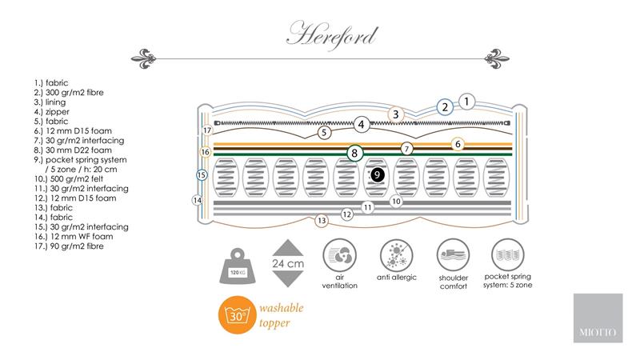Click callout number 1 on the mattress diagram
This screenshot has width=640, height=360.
[x=466, y=101]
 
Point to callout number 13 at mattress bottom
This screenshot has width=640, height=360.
[x=322, y=220]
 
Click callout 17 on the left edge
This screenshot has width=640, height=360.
[x=206, y=130]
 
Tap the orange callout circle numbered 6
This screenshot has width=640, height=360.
[x=458, y=144]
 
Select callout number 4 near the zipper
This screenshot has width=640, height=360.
[x=362, y=124]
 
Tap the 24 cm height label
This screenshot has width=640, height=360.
[x=288, y=263]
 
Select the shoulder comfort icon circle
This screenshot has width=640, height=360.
[x=453, y=258]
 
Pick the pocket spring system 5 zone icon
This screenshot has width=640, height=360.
[x=509, y=258]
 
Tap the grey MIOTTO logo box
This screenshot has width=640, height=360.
[x=597, y=318]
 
